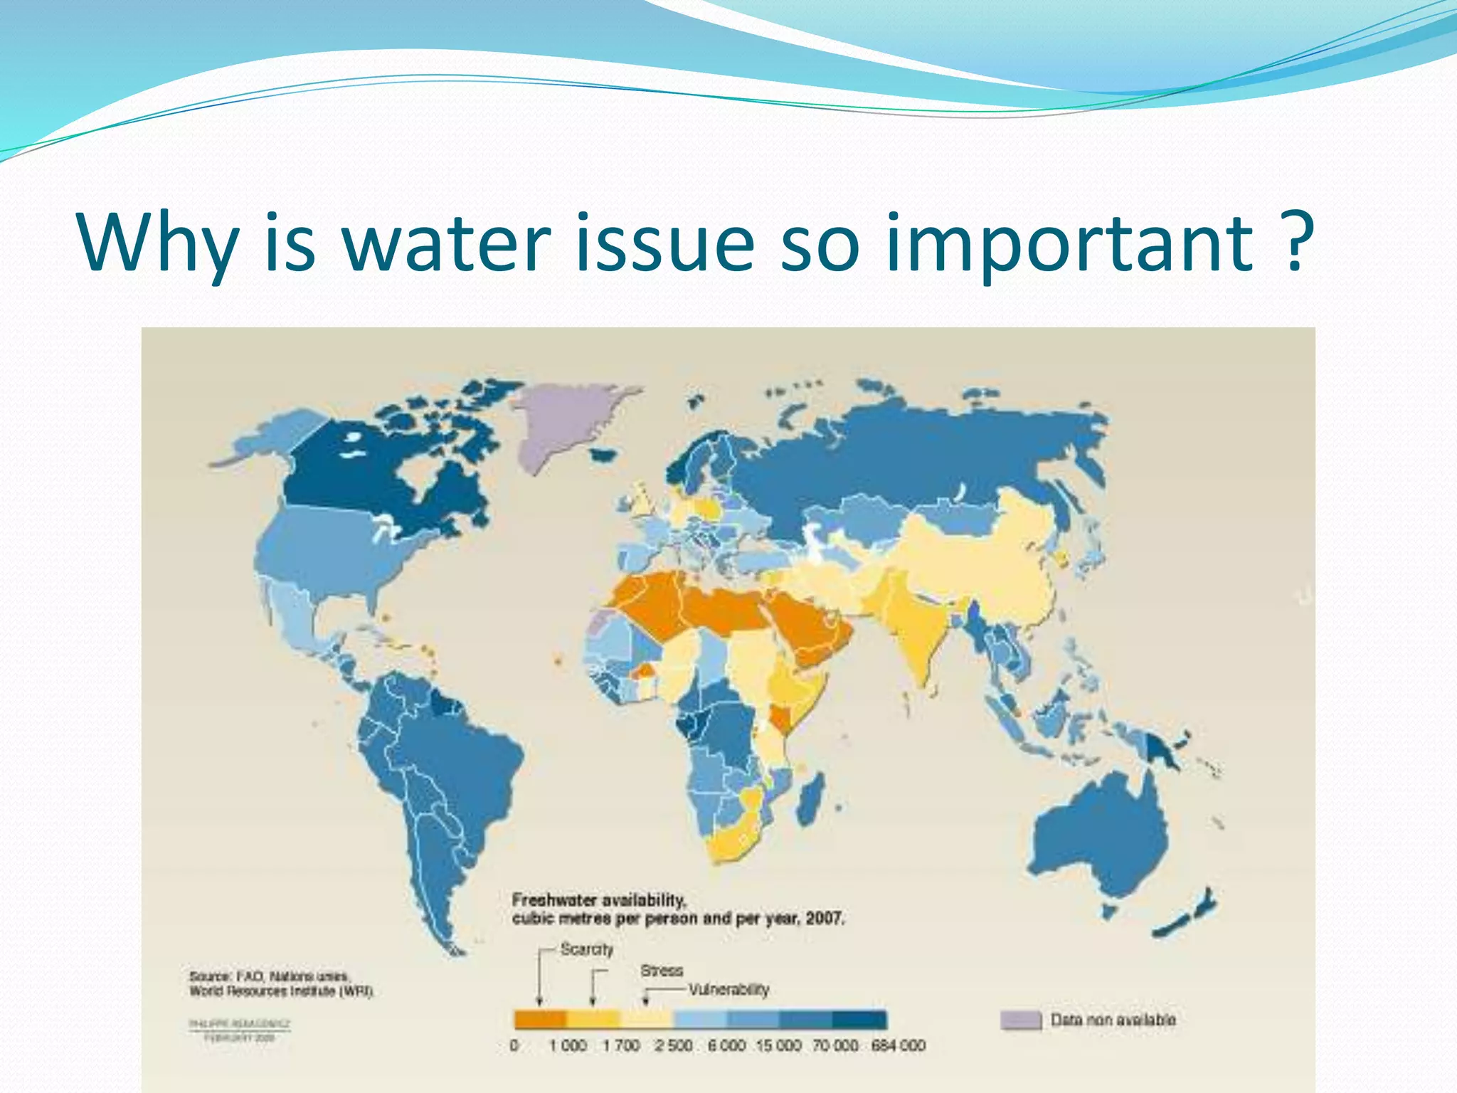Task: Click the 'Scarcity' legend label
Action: tap(586, 949)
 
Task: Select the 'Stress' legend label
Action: tap(661, 971)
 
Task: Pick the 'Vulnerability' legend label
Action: tap(728, 990)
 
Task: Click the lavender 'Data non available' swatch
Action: tap(1021, 1020)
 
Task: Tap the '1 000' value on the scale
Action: tap(568, 1046)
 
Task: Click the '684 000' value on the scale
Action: tap(898, 1046)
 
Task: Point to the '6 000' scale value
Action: tap(726, 1046)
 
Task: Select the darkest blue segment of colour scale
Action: tap(859, 1020)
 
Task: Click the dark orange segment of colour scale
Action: tap(540, 1020)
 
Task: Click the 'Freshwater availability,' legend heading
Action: tap(599, 900)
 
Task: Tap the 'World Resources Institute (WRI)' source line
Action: tap(281, 991)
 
